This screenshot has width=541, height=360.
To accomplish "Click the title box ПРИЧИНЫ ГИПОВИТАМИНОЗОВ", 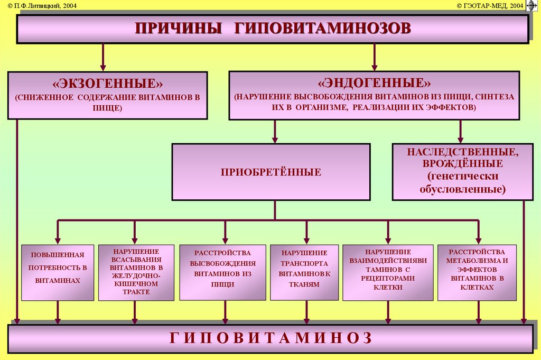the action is (273, 29).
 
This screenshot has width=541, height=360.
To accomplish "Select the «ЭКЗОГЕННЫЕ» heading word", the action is (107, 83).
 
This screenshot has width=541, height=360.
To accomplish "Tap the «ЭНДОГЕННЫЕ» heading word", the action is (374, 83).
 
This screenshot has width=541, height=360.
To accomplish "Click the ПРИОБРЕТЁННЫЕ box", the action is (271, 172).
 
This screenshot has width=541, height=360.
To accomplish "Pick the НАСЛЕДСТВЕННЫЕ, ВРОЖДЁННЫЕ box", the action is (463, 172).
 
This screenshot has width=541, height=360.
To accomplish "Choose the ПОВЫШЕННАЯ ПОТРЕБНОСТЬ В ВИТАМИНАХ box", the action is (58, 273).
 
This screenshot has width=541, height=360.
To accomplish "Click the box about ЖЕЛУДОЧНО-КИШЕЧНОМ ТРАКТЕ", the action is (136, 273).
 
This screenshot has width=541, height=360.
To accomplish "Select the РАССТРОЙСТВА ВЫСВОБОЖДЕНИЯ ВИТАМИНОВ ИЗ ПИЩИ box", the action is (223, 273).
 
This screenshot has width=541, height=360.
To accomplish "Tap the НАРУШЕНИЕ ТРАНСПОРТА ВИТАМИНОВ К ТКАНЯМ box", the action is (304, 273).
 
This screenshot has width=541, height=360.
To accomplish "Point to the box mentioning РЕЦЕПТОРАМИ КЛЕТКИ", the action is (388, 273).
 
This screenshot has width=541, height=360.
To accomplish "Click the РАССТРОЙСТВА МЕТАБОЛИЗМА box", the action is (477, 273).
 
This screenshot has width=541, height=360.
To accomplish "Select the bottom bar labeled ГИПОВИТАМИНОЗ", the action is (270, 339).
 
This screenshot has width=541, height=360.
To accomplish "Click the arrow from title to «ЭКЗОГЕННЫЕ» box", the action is (103, 57).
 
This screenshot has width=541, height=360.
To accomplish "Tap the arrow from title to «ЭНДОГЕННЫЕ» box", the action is (375, 57).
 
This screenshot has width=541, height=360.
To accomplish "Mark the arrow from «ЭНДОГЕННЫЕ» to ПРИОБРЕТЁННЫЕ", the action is (275, 132).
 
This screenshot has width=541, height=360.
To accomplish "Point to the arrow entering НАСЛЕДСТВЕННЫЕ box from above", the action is (460, 132).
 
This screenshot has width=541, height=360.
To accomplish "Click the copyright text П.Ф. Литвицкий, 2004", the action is (42, 5).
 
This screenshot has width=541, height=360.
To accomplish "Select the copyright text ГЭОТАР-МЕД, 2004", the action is (490, 5).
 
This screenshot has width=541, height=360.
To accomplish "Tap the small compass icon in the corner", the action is (531, 5).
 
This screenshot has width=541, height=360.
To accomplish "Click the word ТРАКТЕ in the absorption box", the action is (136, 292).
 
